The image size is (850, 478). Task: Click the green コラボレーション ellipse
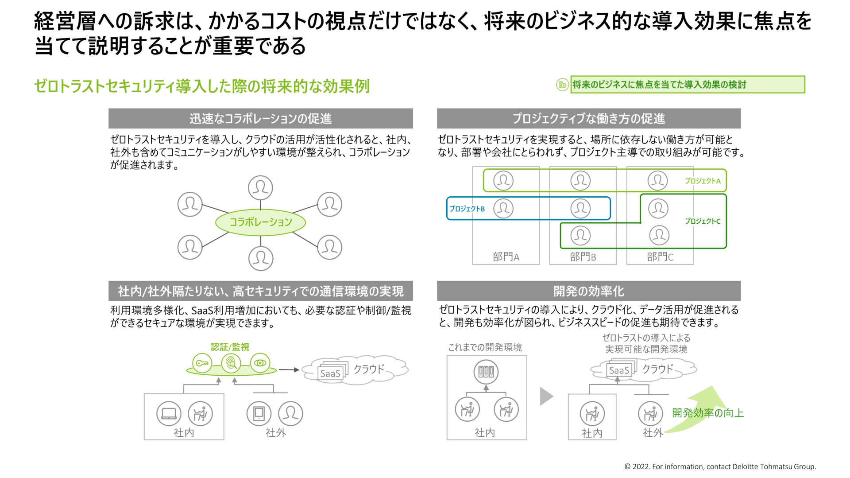coord(260,222)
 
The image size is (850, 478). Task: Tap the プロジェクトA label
coord(703,181)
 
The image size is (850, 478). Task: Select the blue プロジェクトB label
coord(467,209)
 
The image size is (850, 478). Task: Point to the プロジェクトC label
coord(703,221)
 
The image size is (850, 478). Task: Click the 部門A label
coord(506,257)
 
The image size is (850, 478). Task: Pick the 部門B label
coord(583,257)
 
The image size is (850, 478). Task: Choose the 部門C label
coord(660,257)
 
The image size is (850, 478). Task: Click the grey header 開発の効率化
coord(588,291)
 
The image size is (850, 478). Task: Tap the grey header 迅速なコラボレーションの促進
coord(260,119)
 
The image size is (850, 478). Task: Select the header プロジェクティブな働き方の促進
coord(588,119)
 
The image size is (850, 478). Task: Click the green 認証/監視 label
coord(230,347)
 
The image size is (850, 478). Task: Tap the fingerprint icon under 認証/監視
coord(231,363)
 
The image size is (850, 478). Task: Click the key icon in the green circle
coord(202,363)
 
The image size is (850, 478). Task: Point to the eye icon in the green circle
coord(260,363)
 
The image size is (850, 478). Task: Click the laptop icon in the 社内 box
coord(169,413)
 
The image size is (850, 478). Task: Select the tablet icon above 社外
coord(259,413)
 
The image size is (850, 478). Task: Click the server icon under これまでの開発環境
coord(486,371)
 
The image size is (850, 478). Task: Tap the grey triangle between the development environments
coord(546,396)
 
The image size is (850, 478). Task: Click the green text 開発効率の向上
coord(707,413)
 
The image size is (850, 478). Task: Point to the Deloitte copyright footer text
coord(720,466)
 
